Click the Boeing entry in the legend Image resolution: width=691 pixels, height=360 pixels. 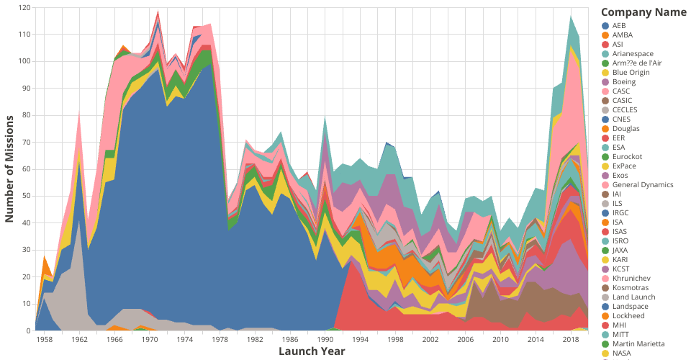click(x=624, y=81)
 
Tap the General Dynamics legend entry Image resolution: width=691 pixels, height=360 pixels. click(x=643, y=184)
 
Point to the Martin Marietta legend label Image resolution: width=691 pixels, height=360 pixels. click(x=638, y=343)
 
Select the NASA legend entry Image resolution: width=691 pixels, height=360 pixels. click(x=623, y=353)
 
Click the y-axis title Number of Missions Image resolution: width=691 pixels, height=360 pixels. click(x=12, y=169)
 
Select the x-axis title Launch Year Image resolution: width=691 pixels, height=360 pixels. click(x=312, y=351)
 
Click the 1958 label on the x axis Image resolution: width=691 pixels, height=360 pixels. click(x=45, y=338)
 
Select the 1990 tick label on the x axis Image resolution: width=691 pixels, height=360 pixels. click(x=325, y=338)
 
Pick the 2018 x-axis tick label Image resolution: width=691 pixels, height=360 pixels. click(x=571, y=338)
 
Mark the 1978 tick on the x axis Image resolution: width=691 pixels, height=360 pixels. click(x=220, y=338)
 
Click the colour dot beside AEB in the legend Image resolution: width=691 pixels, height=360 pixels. click(x=605, y=25)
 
